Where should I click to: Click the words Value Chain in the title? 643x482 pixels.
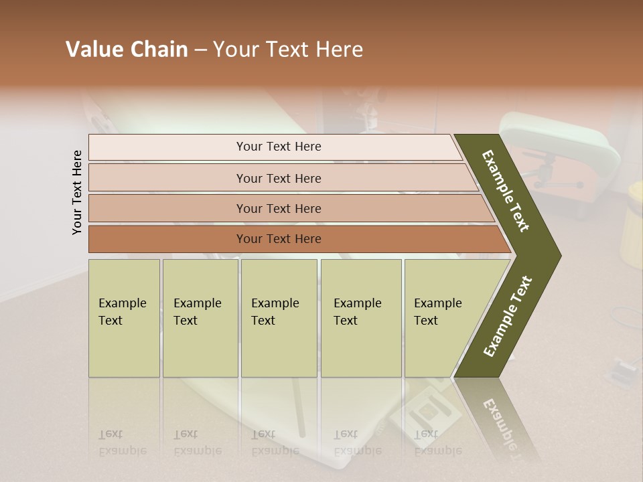127,50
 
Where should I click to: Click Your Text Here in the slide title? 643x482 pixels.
288,50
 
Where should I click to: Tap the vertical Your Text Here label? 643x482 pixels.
77,192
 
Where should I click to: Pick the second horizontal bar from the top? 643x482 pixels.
278,178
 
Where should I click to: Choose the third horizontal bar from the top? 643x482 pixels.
278,208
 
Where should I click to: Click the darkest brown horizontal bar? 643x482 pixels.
278,239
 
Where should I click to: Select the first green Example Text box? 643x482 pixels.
124,318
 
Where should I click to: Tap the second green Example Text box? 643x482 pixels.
200,318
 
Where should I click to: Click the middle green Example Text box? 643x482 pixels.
279,318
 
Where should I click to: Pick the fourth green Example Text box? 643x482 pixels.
360,318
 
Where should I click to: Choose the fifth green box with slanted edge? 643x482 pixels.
442,318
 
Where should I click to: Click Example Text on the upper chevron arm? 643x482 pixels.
506,190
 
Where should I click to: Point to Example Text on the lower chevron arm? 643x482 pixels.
507,317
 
